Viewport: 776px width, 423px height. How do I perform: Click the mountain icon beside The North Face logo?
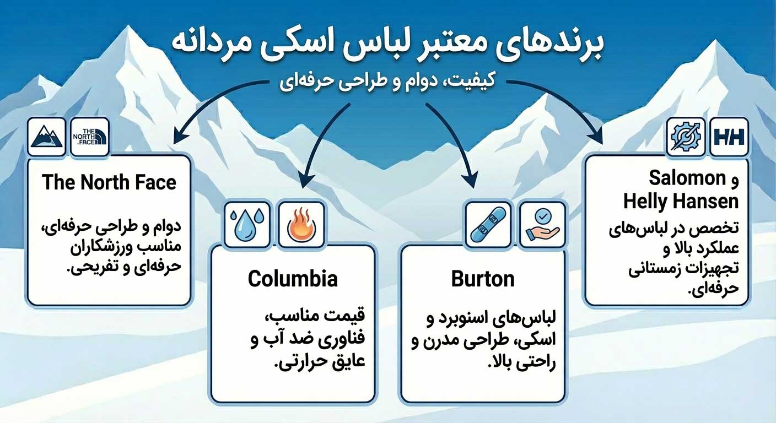pos(46,136)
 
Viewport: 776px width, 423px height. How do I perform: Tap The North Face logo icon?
pos(90,136)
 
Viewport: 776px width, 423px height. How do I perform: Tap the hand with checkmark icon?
pos(542,224)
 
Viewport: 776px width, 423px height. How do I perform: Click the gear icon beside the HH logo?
pos(686,136)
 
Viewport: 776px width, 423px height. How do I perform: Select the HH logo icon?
pos(729,136)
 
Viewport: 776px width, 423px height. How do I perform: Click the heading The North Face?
pos(109,182)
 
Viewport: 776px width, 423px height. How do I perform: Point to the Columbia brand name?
pos(293,279)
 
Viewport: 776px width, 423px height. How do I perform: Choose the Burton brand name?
pos(483,279)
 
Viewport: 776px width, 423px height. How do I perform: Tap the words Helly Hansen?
pos(681,202)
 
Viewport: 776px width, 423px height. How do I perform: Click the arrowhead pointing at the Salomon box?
pos(597,138)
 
